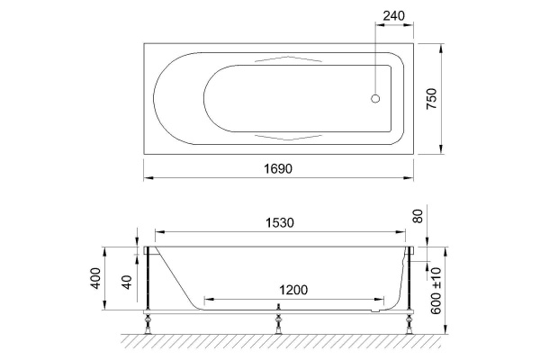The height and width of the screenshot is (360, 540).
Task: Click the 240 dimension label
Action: pyautogui.click(x=394, y=16)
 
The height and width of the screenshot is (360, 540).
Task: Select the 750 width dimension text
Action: pyautogui.click(x=431, y=99)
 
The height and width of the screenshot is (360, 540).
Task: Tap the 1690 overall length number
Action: pyautogui.click(x=278, y=169)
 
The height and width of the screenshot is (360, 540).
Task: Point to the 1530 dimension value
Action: pyautogui.click(x=280, y=223)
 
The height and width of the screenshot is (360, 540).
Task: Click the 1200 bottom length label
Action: pyautogui.click(x=293, y=290)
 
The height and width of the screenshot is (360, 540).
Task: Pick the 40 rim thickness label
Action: pyautogui.click(x=127, y=282)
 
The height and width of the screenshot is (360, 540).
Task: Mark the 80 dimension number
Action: pyautogui.click(x=418, y=216)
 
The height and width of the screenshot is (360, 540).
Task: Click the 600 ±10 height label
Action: pyautogui.click(x=436, y=291)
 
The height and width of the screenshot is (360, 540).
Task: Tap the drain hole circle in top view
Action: pyautogui.click(x=375, y=98)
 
